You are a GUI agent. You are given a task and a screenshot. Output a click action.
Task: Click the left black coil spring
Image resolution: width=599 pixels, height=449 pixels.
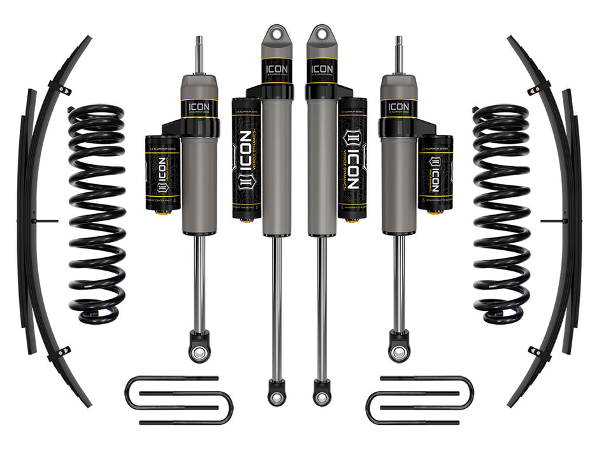pos(96,213)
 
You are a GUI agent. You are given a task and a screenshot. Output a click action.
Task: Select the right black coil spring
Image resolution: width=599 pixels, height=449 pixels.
pos(502,213)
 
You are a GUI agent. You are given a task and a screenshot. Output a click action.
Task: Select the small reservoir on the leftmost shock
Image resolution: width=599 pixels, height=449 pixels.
pos(162,173)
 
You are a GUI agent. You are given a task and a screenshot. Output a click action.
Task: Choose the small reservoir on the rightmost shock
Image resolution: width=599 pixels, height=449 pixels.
pos(436,173)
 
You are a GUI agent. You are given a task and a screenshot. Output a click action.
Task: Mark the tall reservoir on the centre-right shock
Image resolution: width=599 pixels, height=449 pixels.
pos(352,157)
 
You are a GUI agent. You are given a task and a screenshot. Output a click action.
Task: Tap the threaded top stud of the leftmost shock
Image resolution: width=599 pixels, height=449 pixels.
pos(199,55)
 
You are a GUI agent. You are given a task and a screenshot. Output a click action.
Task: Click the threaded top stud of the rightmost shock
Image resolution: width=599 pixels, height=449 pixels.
pos(399,55)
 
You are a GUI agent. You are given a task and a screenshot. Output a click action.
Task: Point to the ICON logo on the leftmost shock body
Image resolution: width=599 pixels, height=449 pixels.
pos(199,106)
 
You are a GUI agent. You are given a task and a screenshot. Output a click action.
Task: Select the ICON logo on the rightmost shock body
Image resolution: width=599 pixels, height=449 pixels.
pos(399,106)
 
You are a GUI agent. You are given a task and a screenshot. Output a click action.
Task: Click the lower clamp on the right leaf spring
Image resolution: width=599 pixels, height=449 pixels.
pos(537,352)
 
